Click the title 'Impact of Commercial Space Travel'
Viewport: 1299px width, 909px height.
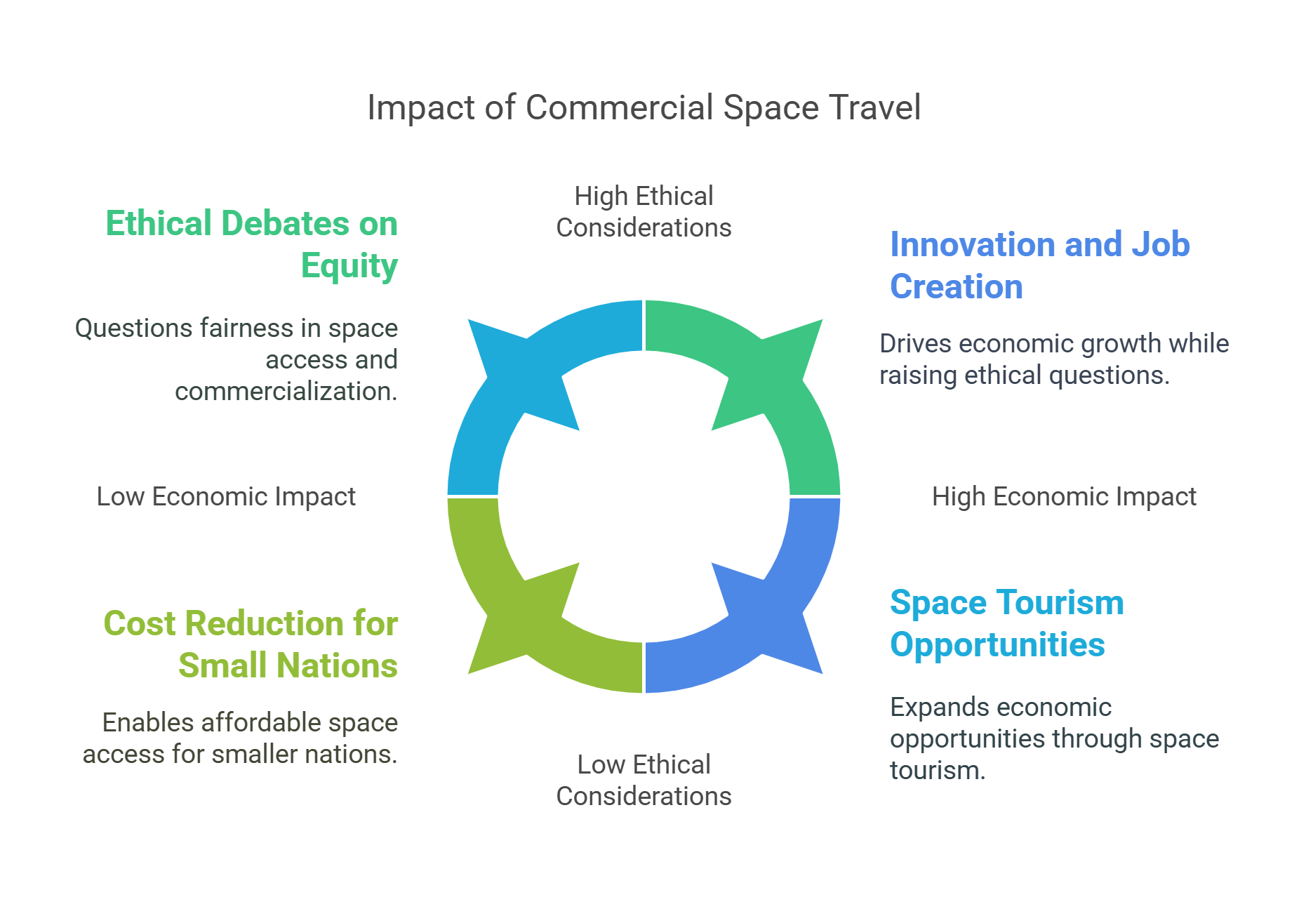[x=644, y=108]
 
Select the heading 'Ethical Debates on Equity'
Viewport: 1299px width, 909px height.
[x=252, y=244]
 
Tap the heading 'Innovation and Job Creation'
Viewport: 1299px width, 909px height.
[x=1039, y=265]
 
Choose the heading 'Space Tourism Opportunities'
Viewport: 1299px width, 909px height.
[x=1006, y=623]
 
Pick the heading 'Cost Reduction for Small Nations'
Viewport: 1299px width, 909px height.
[x=251, y=644]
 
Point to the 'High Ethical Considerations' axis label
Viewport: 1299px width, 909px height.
[x=644, y=211]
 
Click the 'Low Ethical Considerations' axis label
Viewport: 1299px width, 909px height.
[x=644, y=780]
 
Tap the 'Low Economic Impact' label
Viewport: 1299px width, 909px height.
[x=226, y=496]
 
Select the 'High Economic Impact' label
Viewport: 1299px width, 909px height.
[x=1063, y=496]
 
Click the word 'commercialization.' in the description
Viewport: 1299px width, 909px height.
[x=286, y=391]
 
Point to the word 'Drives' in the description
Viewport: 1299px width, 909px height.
[x=915, y=343]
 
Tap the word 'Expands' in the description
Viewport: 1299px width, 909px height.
[x=931, y=707]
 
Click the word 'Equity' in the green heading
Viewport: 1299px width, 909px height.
[x=349, y=265]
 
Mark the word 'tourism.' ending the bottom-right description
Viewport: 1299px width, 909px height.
[x=938, y=770]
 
